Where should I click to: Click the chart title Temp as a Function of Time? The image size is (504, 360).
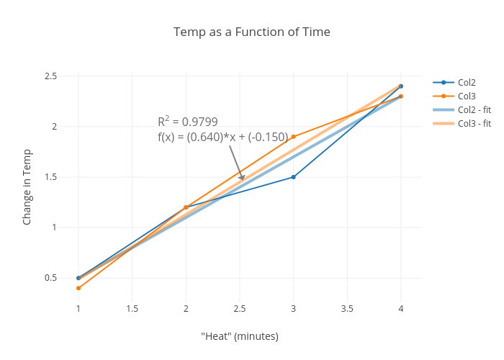[x=252, y=32]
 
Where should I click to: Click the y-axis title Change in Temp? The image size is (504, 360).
[x=27, y=186]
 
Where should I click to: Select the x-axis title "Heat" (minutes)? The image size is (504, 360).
[x=240, y=336]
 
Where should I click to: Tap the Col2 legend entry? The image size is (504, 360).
[x=467, y=82]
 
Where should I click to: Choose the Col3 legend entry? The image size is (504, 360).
[x=467, y=96]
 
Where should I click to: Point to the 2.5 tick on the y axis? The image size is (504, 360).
[x=50, y=76]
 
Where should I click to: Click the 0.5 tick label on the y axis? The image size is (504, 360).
[x=50, y=278]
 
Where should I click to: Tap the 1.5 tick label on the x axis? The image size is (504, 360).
[x=132, y=309]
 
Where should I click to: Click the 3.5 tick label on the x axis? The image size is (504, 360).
[x=347, y=309]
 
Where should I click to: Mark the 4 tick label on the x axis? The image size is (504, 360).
[x=401, y=309]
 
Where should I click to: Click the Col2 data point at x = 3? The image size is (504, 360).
[x=293, y=177]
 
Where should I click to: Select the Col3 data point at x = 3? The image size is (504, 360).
[x=293, y=137]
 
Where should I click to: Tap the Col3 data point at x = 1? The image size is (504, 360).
[x=78, y=288]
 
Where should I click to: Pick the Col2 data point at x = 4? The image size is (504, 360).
[x=401, y=86]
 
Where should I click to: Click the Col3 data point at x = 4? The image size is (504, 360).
[x=401, y=96]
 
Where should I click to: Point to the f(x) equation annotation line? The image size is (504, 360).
[x=222, y=137]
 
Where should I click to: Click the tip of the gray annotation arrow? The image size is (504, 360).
[x=243, y=180]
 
